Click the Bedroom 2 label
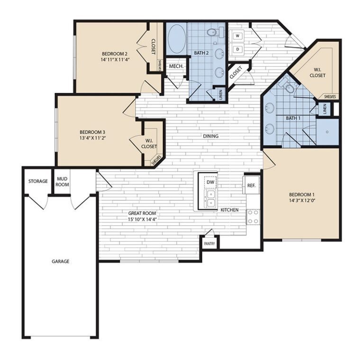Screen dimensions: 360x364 [x=114, y=54]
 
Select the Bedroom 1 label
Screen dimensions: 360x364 [x=301, y=195]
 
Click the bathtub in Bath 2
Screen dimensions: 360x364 [x=176, y=38]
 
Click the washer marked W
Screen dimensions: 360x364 [x=237, y=36]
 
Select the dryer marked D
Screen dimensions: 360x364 [x=237, y=49]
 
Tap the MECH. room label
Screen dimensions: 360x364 [x=176, y=66]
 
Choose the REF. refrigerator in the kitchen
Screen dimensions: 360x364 [x=251, y=185]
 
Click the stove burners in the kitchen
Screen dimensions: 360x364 [x=253, y=216]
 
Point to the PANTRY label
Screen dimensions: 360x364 [x=209, y=244]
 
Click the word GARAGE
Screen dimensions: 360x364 [x=61, y=261]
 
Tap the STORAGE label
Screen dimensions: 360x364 [x=37, y=181]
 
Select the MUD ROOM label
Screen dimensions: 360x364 [x=62, y=181]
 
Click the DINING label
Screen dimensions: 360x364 [x=210, y=136]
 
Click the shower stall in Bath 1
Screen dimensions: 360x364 [x=328, y=132]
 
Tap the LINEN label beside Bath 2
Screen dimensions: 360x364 [x=220, y=95]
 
